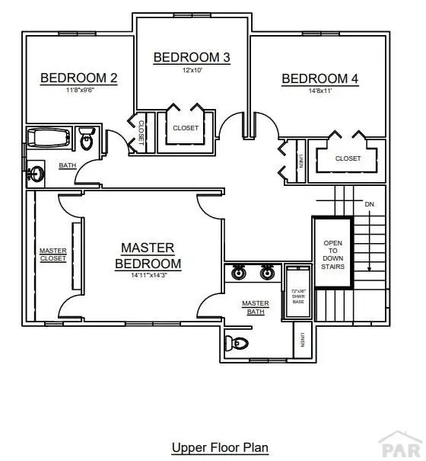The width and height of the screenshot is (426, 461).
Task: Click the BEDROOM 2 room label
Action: click(x=78, y=77)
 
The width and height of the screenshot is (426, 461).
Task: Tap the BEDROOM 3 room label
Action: click(x=192, y=57)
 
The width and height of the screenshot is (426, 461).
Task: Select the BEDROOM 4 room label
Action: click(x=319, y=78)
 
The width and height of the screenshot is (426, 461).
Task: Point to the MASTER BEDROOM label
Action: click(x=148, y=256)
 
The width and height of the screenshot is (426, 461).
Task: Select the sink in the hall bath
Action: click(x=35, y=173)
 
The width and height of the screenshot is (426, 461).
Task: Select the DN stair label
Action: click(x=370, y=205)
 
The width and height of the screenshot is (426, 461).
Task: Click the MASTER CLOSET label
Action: click(x=53, y=255)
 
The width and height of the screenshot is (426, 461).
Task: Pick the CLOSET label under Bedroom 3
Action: click(x=185, y=128)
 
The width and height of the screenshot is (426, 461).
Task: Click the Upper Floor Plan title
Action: click(x=220, y=447)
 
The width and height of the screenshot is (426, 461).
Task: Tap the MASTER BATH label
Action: click(x=256, y=307)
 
